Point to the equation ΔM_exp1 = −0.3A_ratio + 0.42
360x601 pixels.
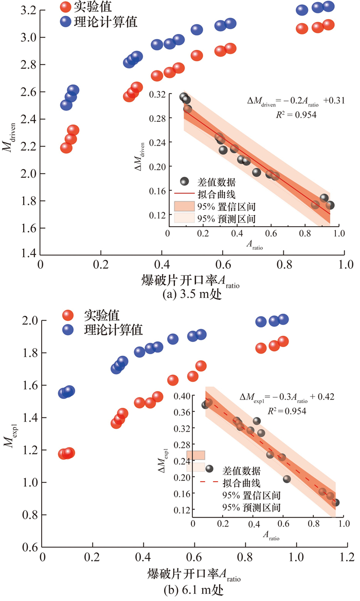[x=287, y=397]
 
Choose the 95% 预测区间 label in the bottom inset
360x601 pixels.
[x=251, y=507]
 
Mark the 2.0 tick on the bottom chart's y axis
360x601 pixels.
[x=28, y=321]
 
